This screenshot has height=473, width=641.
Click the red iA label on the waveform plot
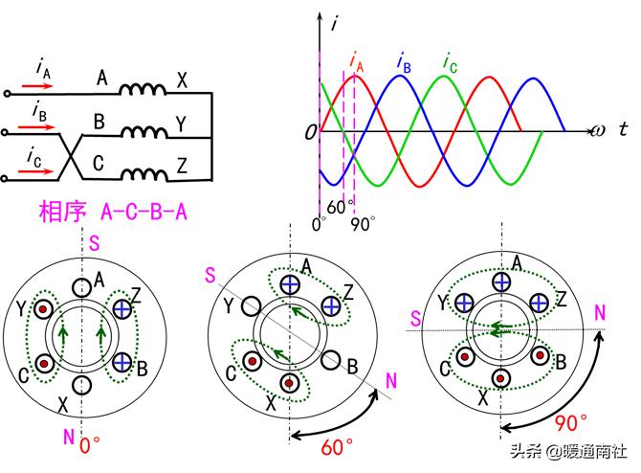coord(356,63)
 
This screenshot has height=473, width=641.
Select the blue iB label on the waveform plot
coord(404,63)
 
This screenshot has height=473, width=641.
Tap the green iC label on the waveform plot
coord(449,63)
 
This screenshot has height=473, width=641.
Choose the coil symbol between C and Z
coord(143,173)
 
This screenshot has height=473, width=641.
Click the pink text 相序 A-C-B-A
coord(111,211)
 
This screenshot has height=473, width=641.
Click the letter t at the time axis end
coord(622,129)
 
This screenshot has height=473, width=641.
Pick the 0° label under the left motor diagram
coord(89,445)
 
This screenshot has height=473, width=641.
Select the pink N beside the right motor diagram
coord(599,312)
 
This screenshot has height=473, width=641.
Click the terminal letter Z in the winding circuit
coord(182,167)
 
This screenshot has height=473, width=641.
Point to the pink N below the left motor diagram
coord(68,437)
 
